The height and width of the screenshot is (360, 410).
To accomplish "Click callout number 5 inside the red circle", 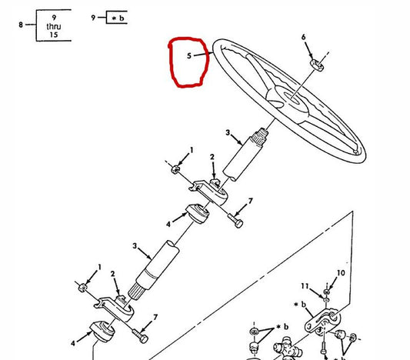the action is coord(189,55).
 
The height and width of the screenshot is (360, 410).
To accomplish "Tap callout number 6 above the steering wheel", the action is coord(303,37).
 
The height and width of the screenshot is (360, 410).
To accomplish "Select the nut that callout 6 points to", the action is coord(317,65).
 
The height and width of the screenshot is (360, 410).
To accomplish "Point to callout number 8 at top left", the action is coord(21,25).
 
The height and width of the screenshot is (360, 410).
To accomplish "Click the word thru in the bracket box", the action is coord(54,26).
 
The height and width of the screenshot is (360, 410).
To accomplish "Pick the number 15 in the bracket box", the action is coord(54,35).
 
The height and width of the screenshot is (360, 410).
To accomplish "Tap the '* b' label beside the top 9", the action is coord(118,18).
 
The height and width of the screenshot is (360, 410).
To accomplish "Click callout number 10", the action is coord(341,273).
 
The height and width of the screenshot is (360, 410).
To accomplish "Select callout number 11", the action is coord(305,286).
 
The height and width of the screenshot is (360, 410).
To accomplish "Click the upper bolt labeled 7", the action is coord(235,221).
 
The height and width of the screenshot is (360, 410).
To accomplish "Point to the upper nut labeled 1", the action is coord(175,169).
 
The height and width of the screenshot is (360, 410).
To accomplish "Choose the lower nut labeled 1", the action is coord(82,288).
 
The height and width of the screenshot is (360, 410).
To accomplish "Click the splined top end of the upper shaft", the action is coord(260,136).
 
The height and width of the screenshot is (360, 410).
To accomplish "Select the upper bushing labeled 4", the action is coord(198,213).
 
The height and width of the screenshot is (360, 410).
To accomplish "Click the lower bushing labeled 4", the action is coord(102,331).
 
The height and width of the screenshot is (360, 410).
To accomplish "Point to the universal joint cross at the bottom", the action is coord(288,348).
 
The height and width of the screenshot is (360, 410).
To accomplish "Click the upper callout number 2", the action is coord(212,157).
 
